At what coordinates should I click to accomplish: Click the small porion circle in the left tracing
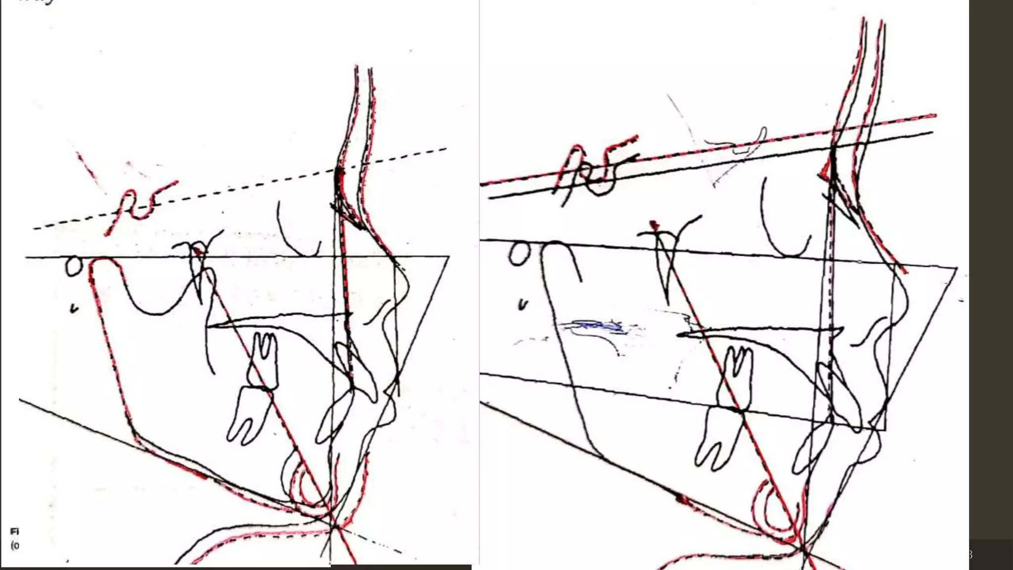coord(73,266)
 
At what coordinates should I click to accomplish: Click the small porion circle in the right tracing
coord(519,253)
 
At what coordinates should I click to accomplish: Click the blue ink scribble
coord(594,327)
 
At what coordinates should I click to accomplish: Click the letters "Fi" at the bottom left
coord(14,531)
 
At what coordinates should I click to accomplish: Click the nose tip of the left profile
coord(410,292)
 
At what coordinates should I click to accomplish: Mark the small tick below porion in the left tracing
coord(74,309)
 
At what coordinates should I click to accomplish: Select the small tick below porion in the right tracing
coord(522,305)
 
